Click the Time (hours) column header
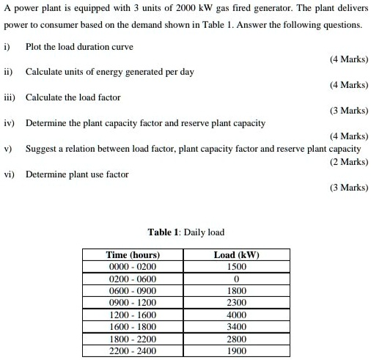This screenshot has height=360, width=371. pos(133,255)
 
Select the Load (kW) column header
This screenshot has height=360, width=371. pos(236,255)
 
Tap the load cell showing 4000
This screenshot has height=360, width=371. pos(236,315)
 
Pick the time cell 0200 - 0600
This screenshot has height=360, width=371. pos(133,279)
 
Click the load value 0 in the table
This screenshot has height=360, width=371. pos(236,279)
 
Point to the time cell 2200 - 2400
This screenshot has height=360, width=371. pos(133,350)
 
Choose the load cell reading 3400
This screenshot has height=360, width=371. pos(236,326)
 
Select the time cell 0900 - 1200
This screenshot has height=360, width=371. pos(133,303)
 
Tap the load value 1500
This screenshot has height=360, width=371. pos(236,267)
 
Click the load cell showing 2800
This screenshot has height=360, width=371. pos(236,339)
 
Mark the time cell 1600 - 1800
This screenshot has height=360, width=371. pos(133,326)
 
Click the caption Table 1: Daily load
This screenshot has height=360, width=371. pos(185,232)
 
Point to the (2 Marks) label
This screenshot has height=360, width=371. pos(349,161)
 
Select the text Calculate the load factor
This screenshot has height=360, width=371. pos(73,98)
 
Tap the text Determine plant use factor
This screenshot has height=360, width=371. pos(77,175)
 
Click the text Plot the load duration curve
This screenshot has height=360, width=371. pos(80,46)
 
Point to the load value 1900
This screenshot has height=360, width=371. pos(236,350)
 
